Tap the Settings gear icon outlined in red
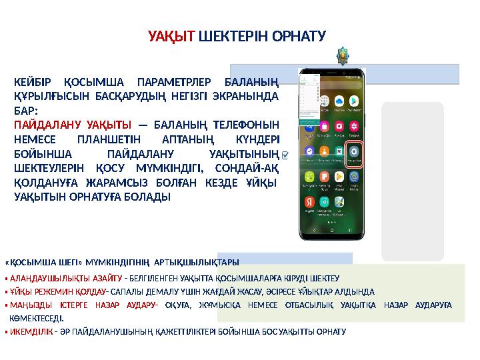click(355, 151)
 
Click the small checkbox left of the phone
click(285, 155)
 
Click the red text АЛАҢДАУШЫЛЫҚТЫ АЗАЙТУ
click(65, 278)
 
